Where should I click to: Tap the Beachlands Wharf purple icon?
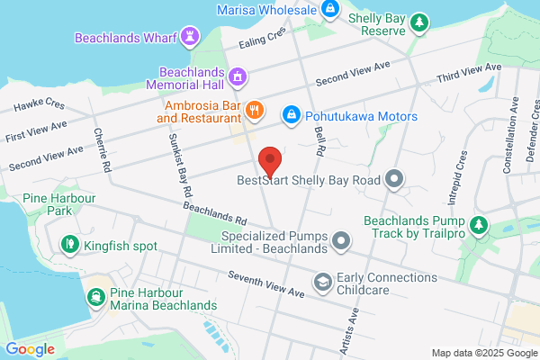190,36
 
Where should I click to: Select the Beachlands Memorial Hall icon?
237,76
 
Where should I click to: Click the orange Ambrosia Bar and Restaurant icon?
256,111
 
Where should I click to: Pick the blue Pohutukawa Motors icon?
292,114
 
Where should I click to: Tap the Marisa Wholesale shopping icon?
330,9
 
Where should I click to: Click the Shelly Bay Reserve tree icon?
418,22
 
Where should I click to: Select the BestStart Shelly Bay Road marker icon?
392,180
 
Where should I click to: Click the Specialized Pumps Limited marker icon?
341,240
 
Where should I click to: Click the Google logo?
30,349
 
